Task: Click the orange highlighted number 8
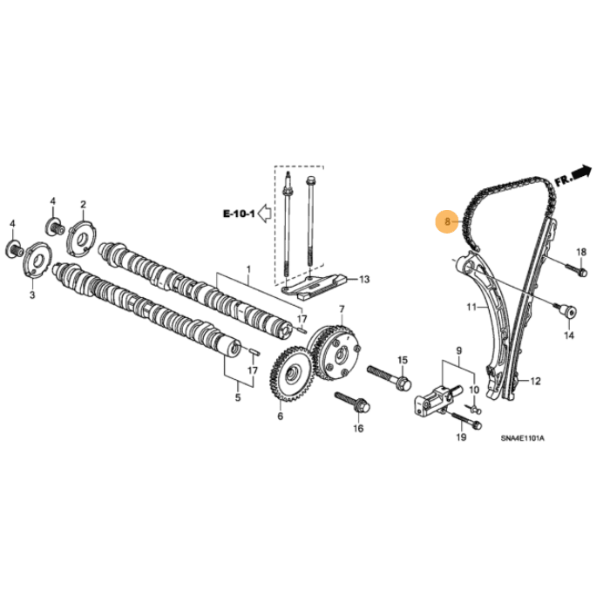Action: [x=446, y=221]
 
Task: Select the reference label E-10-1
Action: [x=239, y=212]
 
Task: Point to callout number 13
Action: [x=364, y=279]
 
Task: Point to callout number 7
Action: [x=342, y=309]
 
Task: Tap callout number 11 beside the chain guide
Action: [x=471, y=308]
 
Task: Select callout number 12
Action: [x=535, y=381]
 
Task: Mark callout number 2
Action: [x=84, y=206]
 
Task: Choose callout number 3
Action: [x=32, y=296]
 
